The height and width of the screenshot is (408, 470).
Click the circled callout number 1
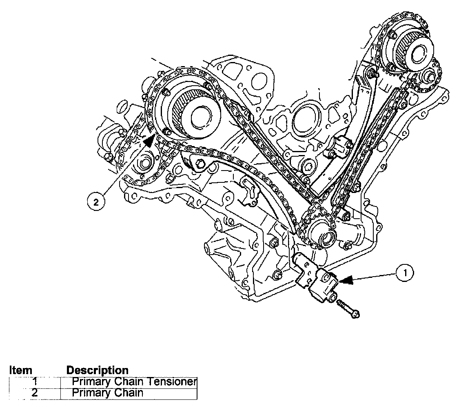coord(404,274)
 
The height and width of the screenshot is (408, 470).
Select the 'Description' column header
coord(97,370)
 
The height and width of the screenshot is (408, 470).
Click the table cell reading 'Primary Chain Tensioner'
coord(129,382)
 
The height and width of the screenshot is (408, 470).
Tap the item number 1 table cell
coord(35,382)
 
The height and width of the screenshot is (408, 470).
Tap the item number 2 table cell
coord(35,393)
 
